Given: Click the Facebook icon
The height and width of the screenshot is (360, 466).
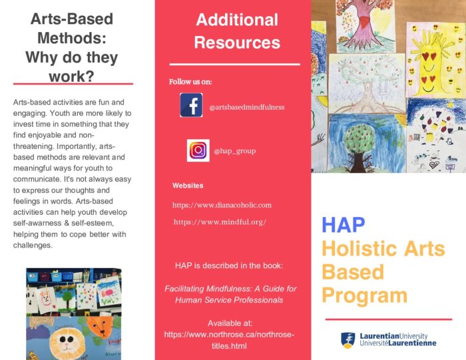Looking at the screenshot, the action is click(191, 105).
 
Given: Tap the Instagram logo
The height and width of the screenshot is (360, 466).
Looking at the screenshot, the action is click(198, 150).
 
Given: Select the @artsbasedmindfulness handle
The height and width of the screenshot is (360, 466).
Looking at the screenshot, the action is click(247, 107).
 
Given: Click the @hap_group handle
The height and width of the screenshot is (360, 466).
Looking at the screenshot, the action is click(235, 151).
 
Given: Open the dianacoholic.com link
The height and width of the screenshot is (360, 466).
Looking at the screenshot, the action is click(222, 205).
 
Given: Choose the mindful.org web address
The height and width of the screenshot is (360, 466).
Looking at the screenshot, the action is click(220, 222).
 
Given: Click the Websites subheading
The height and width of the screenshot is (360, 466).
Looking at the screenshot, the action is click(188, 186).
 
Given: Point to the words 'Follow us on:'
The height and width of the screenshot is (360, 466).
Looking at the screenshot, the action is click(190, 82).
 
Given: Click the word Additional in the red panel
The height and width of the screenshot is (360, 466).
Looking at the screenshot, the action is click(237, 20).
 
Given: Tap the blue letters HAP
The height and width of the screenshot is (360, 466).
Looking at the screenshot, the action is click(344, 225).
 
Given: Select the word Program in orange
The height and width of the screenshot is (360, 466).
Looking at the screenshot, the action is click(364, 296).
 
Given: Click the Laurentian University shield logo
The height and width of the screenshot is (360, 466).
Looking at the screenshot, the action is click(348, 340).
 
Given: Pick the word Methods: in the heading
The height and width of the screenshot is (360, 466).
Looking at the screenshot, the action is click(72, 38).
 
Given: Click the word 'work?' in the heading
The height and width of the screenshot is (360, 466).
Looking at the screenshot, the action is click(72, 77).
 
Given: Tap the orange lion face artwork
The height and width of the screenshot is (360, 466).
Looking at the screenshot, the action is click(101, 326).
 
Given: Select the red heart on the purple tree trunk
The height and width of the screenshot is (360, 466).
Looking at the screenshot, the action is click(365, 21).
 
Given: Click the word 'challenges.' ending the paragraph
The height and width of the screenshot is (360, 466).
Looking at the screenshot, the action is click(33, 246).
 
